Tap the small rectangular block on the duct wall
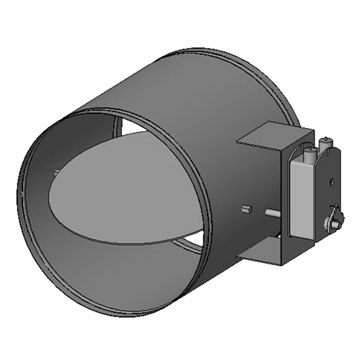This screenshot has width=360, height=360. tap(245, 209)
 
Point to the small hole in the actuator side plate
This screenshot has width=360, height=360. tap(331, 179)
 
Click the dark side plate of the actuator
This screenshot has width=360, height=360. tap(328, 192)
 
